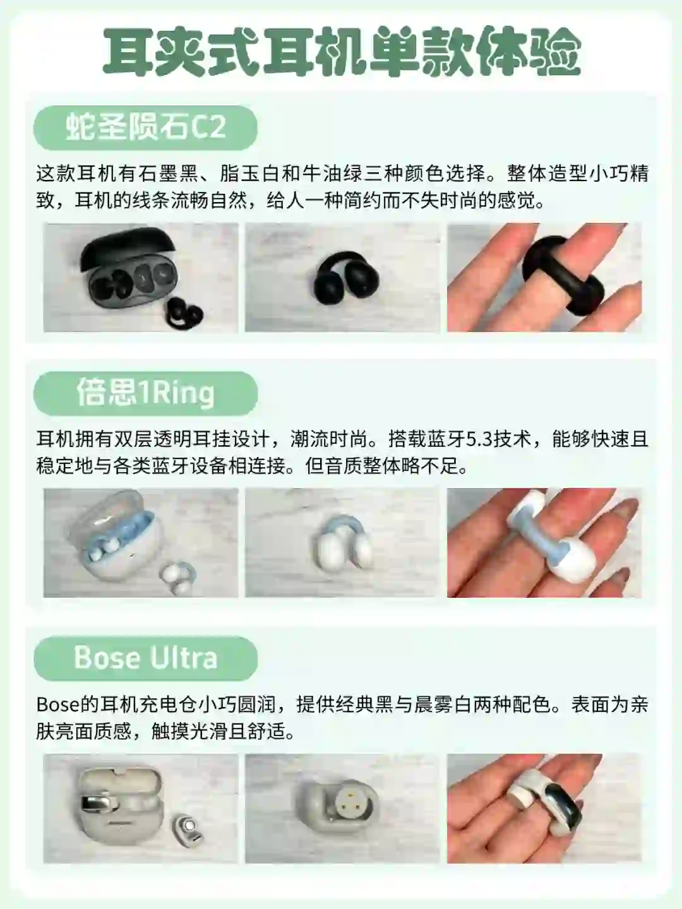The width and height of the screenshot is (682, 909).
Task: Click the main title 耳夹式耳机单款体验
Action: click(342, 52)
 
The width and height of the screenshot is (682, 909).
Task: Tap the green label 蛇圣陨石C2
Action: click(145, 128)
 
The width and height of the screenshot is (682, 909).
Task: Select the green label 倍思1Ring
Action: click(145, 393)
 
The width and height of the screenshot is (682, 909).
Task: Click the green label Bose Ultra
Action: click(145, 658)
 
